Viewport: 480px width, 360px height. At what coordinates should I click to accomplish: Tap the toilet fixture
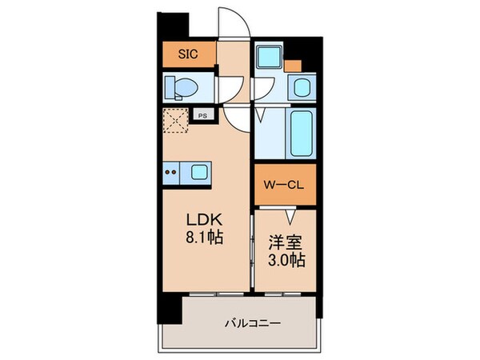coord(179,86)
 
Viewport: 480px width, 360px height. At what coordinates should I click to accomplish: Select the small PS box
coord(202,114)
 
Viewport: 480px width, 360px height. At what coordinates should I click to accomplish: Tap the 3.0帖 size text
coord(285,261)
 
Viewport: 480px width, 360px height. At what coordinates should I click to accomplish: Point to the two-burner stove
coord(172,170)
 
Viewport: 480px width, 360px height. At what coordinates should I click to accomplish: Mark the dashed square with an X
coord(175,122)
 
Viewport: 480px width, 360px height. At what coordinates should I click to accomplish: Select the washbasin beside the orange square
coord(302,86)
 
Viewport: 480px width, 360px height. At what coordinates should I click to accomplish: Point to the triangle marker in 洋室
coord(292,214)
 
